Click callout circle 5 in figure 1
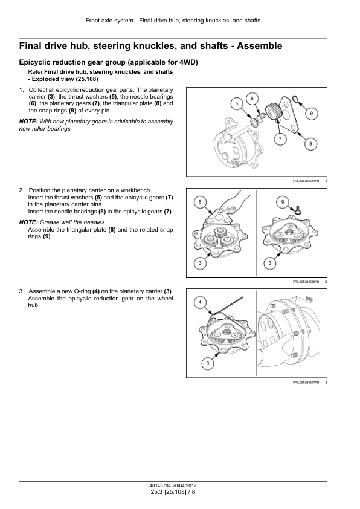[x=236, y=103]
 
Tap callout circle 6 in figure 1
[x=252, y=99]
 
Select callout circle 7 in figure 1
[x=280, y=139]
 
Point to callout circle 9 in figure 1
[x=311, y=113]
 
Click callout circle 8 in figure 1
[x=310, y=144]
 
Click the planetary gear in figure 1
[x=273, y=111]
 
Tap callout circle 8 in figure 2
[x=200, y=202]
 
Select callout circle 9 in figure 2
[x=283, y=202]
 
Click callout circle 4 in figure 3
[x=200, y=302]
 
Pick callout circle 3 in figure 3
[x=208, y=363]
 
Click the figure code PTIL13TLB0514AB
[x=306, y=181]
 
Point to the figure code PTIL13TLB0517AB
[x=306, y=383]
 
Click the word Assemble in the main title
[x=260, y=46]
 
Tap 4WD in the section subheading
[x=187, y=62]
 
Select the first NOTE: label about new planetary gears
[x=28, y=122]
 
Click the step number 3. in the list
[x=21, y=291]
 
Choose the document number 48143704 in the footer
[x=159, y=486]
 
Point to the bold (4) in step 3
[x=96, y=291]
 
